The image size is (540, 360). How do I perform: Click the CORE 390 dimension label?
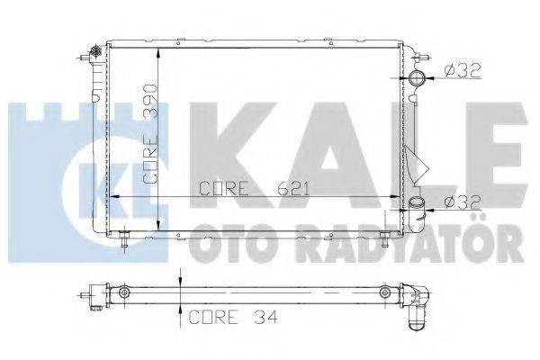[x=151, y=135]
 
